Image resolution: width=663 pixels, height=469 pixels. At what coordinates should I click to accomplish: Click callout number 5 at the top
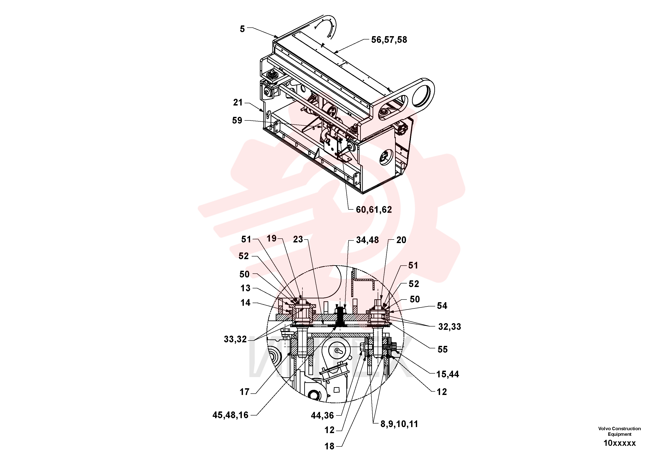pos(242,29)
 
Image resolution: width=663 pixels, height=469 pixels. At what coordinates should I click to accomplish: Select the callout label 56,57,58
pos(389,40)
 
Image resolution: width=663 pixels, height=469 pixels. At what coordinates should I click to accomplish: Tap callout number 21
pos(238,103)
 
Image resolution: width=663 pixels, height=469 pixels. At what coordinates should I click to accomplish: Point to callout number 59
pos(237,121)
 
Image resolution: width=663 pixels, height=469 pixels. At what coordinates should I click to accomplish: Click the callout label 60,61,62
pos(374,209)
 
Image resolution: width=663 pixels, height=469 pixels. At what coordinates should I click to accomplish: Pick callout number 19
pos(272,239)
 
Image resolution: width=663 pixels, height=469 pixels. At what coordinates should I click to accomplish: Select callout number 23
pos(298,240)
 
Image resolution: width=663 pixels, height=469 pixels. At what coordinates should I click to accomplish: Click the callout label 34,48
pos(367,240)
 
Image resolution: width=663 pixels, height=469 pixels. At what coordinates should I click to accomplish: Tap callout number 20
pos(401,240)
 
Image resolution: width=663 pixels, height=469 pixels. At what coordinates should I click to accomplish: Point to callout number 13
pos(245,288)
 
